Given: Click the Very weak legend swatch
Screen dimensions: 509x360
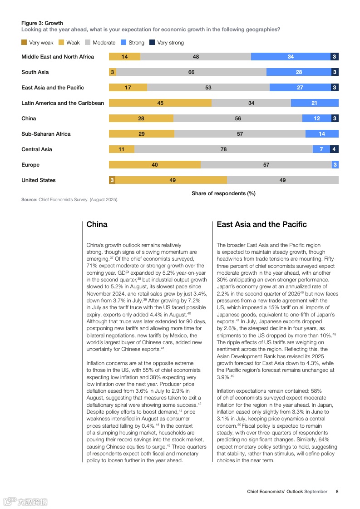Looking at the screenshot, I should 24,43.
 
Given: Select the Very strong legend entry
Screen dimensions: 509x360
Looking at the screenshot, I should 168,43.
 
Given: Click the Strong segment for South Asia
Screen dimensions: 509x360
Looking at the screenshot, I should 299,72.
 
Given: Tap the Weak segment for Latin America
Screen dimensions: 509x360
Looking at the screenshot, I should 160,103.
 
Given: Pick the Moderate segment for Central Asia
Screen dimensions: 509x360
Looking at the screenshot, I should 223,149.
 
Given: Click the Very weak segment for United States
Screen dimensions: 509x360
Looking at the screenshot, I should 112,180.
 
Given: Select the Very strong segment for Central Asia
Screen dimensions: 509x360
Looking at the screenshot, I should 334,149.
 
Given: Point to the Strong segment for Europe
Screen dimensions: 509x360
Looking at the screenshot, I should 335,165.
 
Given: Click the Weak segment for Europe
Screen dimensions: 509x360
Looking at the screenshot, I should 155,165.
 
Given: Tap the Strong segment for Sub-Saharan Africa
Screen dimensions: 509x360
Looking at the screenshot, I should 322,134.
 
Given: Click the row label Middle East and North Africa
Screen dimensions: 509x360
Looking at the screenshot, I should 58,57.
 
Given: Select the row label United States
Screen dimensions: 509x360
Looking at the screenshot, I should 39,180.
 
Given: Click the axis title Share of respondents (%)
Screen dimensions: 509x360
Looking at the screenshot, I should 223,193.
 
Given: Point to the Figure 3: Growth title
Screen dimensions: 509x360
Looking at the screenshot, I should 42,23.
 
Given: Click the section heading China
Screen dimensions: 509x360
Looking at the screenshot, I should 97,224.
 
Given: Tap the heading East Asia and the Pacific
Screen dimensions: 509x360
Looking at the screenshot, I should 261,224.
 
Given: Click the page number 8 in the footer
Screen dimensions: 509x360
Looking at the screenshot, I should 337,491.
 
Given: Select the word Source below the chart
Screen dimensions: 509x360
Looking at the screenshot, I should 29,199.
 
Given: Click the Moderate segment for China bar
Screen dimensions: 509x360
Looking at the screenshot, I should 238,119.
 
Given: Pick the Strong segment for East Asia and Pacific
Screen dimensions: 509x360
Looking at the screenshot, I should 300,88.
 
